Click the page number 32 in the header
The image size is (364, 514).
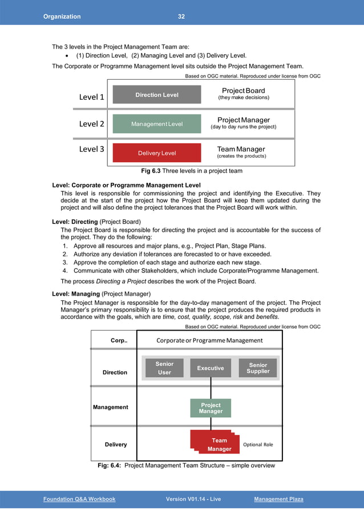coord(181,17)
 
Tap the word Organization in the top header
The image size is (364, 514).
coord(62,17)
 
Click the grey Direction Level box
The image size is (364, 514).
coord(157,95)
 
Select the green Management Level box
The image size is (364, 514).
coord(157,124)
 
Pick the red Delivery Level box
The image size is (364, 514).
coord(157,153)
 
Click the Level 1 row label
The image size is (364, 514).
coord(91,97)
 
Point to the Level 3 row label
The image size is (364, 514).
coord(91,149)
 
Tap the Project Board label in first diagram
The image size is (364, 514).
coord(243,91)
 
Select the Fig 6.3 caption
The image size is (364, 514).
coord(191,171)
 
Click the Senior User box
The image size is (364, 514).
coord(164,368)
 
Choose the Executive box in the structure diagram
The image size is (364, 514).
coord(211,368)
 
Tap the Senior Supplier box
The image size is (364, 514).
coord(258,368)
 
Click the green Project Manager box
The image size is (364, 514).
coord(210,408)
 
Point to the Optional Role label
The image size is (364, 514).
coord(258,444)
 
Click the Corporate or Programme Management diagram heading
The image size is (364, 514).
coord(209,341)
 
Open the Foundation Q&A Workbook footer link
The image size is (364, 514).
coord(79,499)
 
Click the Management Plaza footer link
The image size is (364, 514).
coord(278,499)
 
